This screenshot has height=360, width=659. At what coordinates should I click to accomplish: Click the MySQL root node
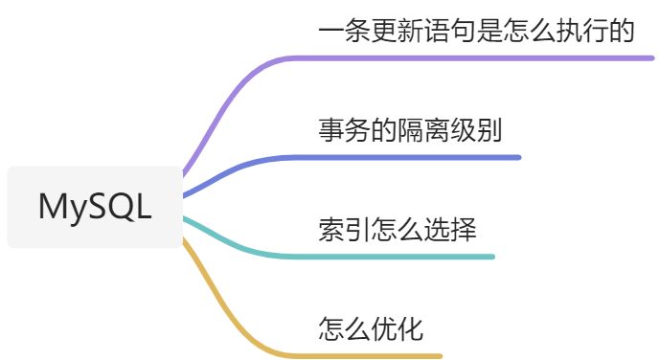[x=94, y=207]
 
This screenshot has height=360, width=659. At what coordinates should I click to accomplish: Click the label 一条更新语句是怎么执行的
[x=475, y=31]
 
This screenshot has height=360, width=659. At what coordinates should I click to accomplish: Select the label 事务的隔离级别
[x=410, y=130]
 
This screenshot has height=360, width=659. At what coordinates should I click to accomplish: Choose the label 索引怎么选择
[x=397, y=230]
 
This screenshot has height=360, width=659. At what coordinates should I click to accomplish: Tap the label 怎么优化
[x=371, y=329]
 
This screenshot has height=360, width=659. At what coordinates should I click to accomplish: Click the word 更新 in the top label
[x=398, y=31]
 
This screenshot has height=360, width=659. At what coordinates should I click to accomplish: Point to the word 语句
[x=449, y=31]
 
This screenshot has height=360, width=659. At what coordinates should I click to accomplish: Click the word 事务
[x=345, y=130]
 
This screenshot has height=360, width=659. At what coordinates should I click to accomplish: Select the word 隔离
[x=423, y=130]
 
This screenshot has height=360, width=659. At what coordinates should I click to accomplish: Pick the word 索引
[x=345, y=230]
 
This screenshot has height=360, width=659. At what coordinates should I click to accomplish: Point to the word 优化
[x=398, y=329]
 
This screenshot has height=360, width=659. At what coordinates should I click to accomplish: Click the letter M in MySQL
[x=51, y=207]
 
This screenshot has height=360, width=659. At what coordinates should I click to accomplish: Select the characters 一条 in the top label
[x=345, y=31]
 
